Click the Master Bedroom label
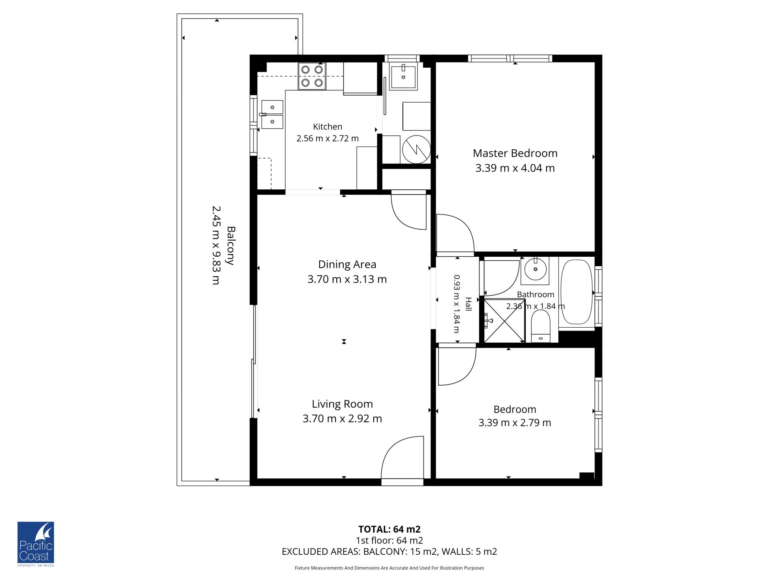(515, 153)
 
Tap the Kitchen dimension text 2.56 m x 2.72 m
(327, 138)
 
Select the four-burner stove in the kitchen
(312, 76)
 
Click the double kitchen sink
(272, 114)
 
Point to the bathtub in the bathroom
(577, 292)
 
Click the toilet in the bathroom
(540, 326)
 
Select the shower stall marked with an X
(504, 321)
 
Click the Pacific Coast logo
(36, 544)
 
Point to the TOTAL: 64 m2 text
(389, 529)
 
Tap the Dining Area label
(347, 264)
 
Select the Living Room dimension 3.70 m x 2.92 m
(342, 419)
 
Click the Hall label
(468, 304)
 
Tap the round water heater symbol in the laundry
(416, 149)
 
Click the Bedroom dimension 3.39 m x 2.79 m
(515, 423)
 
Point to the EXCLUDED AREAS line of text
(389, 552)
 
